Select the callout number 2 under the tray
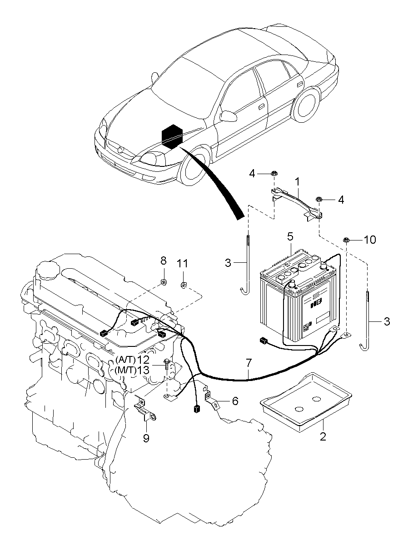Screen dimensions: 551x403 click(323, 437)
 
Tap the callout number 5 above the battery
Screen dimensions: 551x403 click(290, 236)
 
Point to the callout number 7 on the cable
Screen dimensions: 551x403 click(248, 363)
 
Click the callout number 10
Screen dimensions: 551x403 click(370, 240)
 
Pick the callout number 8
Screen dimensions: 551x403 click(164, 261)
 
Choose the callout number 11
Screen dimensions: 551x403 click(182, 263)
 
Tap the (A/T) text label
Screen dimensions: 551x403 click(125, 360)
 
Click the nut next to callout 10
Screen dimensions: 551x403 click(346, 240)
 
